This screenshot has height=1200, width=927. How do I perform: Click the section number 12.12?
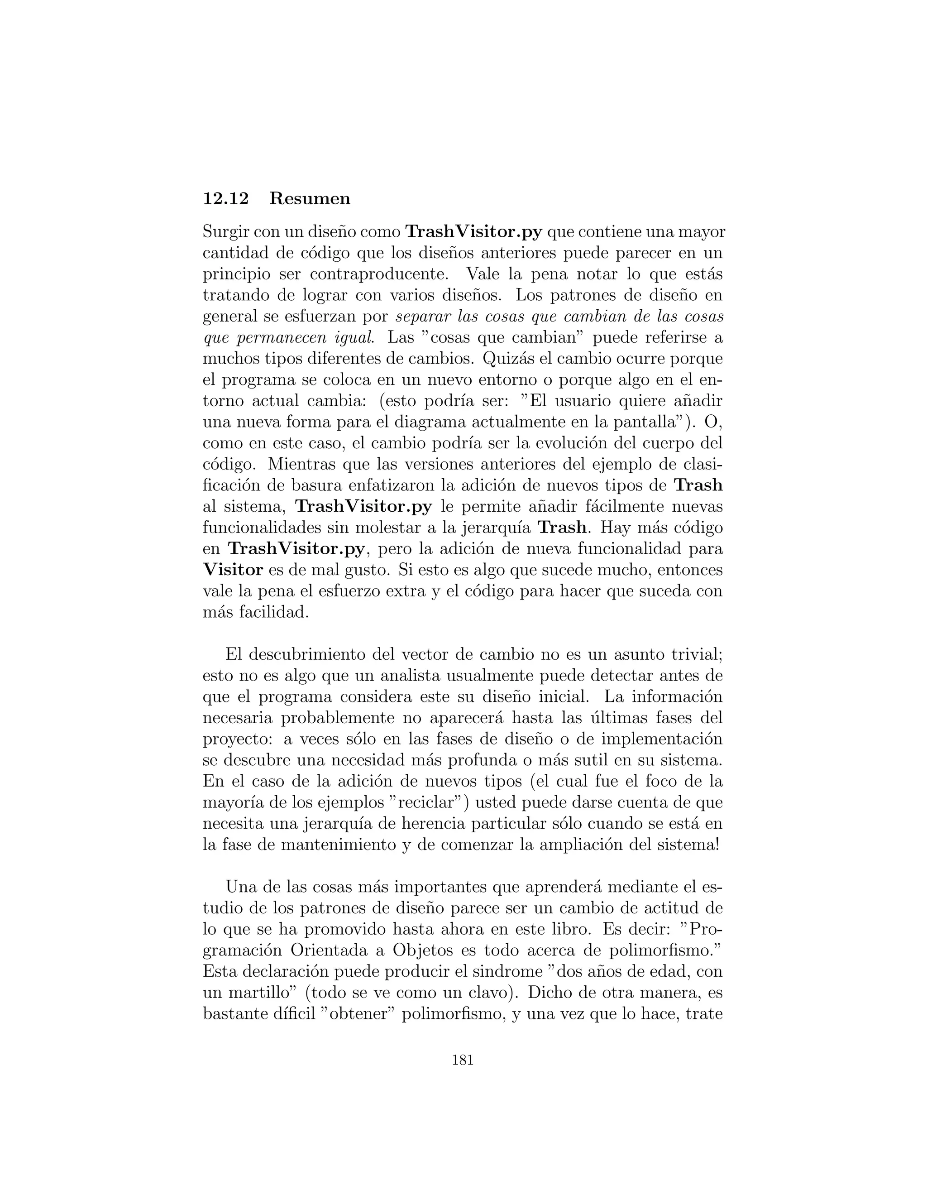click(226, 198)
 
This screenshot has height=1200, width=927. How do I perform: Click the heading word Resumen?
click(310, 198)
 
